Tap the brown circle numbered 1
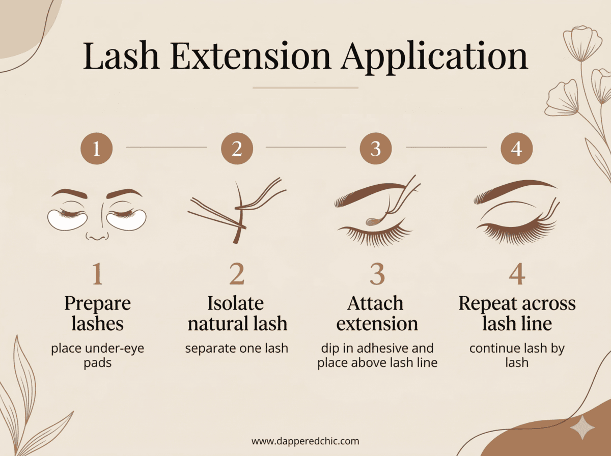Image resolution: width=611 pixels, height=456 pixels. [96, 148]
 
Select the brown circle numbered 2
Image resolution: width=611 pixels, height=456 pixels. [237, 148]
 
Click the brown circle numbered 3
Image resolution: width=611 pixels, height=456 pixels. [376, 148]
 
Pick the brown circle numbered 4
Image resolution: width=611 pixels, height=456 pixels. [516, 148]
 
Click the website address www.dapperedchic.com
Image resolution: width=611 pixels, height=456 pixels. [305, 441]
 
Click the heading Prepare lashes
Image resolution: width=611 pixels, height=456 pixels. [97, 313]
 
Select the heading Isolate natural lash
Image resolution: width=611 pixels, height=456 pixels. [237, 313]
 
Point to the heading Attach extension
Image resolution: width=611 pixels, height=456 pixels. [377, 313]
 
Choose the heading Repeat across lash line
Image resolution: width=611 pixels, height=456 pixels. [517, 313]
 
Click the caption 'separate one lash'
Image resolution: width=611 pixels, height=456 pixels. [237, 349]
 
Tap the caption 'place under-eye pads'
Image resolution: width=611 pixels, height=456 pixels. [97, 356]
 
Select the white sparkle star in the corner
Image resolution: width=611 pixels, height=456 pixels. [581, 427]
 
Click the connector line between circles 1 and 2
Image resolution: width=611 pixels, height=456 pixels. [166, 148]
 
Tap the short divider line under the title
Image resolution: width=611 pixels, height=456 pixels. [305, 88]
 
